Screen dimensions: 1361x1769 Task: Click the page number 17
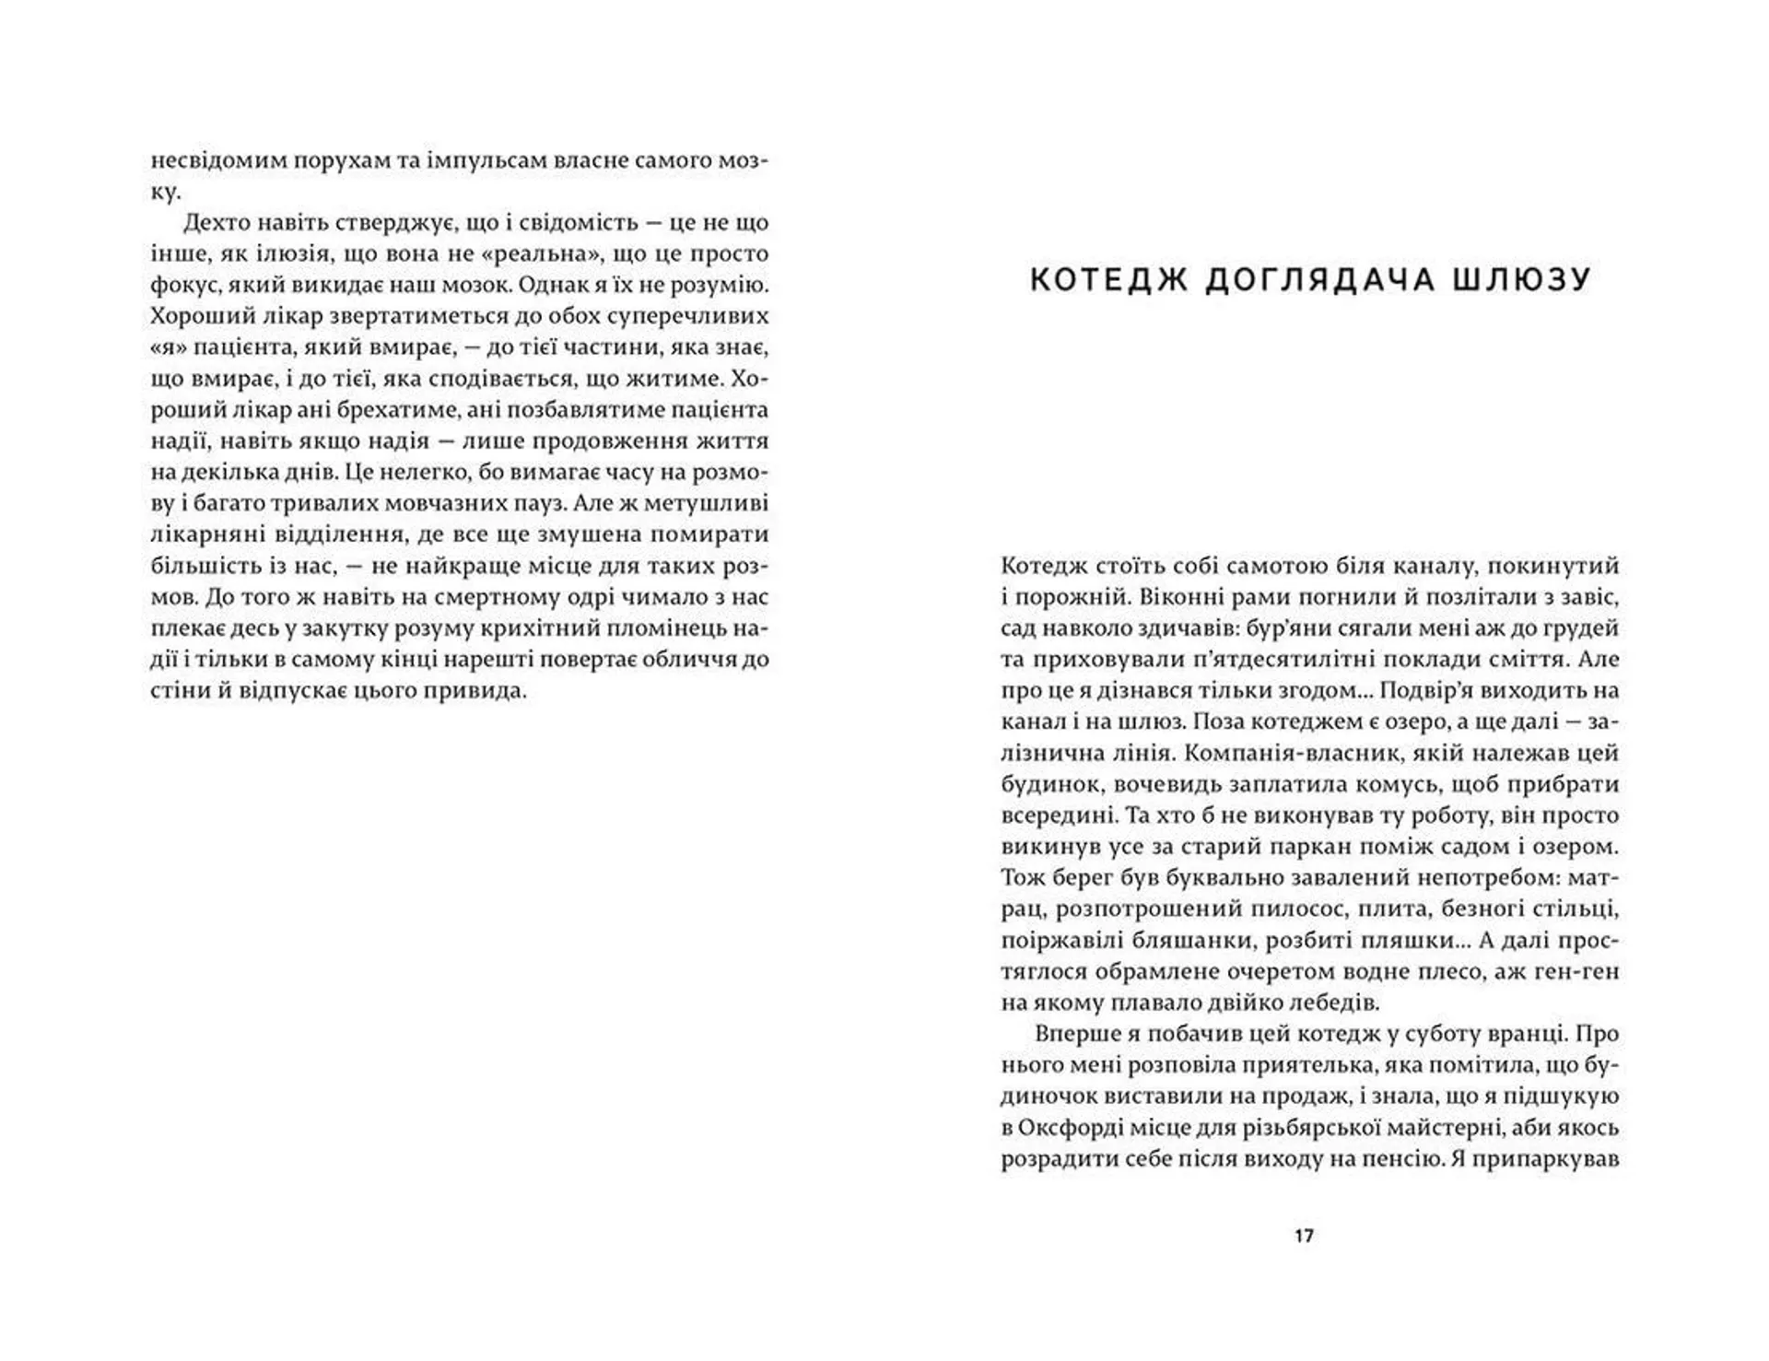point(1304,1236)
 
